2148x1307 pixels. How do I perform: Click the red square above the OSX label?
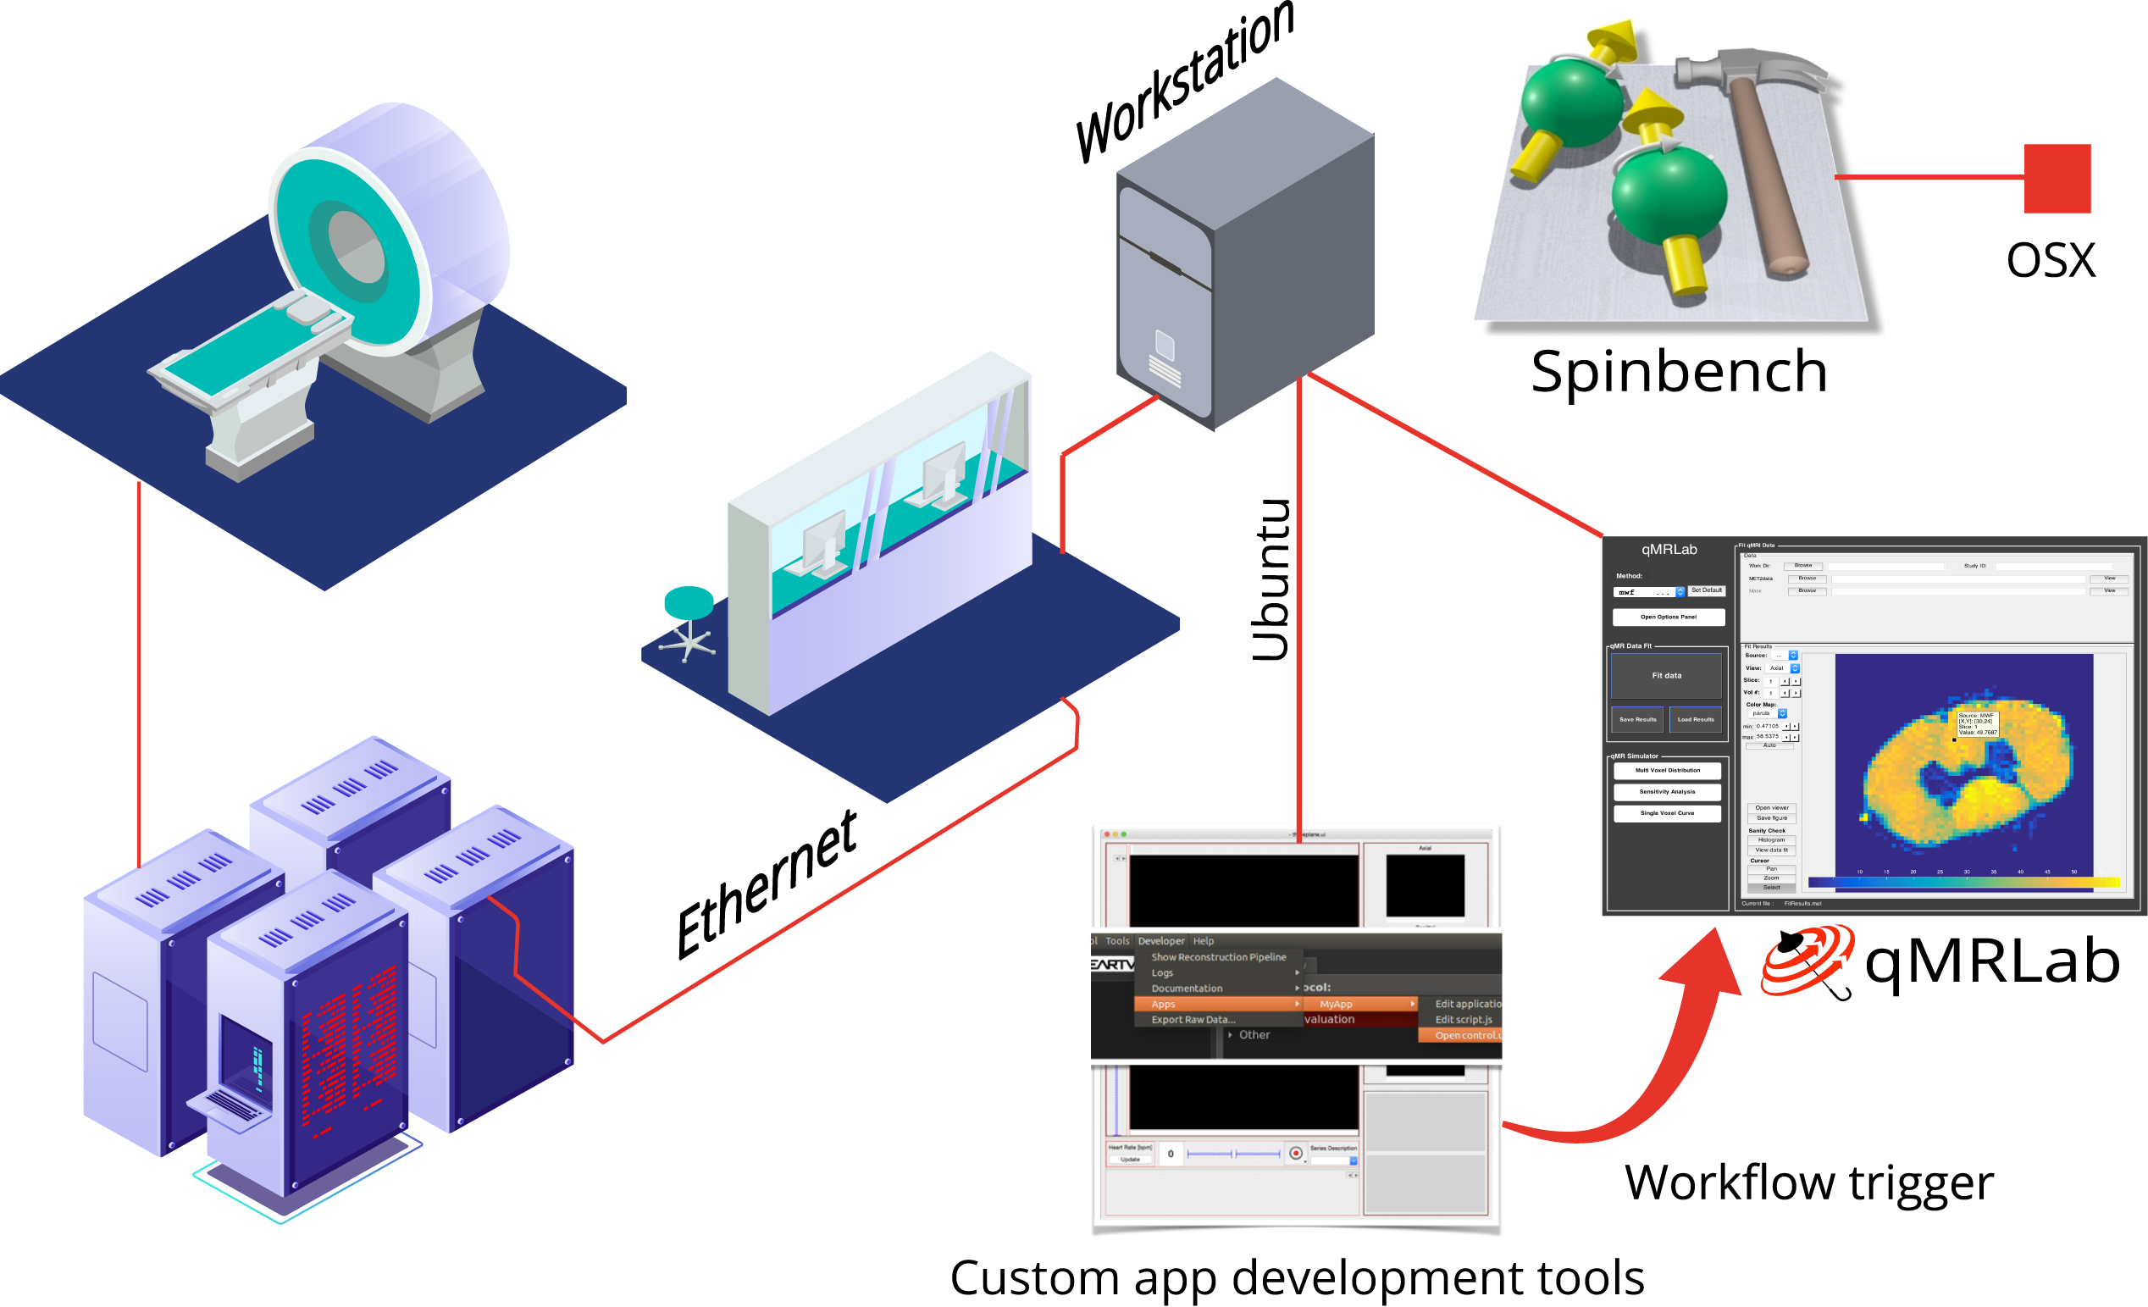point(2057,179)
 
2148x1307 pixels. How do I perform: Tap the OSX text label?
point(2051,260)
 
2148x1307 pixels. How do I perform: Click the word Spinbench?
point(1678,372)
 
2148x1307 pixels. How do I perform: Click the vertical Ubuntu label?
point(1271,580)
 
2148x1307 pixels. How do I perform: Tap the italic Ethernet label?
point(767,885)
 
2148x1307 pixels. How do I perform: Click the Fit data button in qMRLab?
point(1666,676)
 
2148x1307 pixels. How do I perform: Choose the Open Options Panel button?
point(1668,618)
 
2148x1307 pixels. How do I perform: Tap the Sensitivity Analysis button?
point(1667,792)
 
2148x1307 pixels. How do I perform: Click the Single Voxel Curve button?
point(1667,813)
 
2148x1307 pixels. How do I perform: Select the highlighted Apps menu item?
point(1217,1005)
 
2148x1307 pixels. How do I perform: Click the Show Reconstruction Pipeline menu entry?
point(1218,957)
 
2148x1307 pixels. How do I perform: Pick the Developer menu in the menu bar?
point(1161,942)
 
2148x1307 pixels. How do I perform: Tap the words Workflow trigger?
point(1809,1183)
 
